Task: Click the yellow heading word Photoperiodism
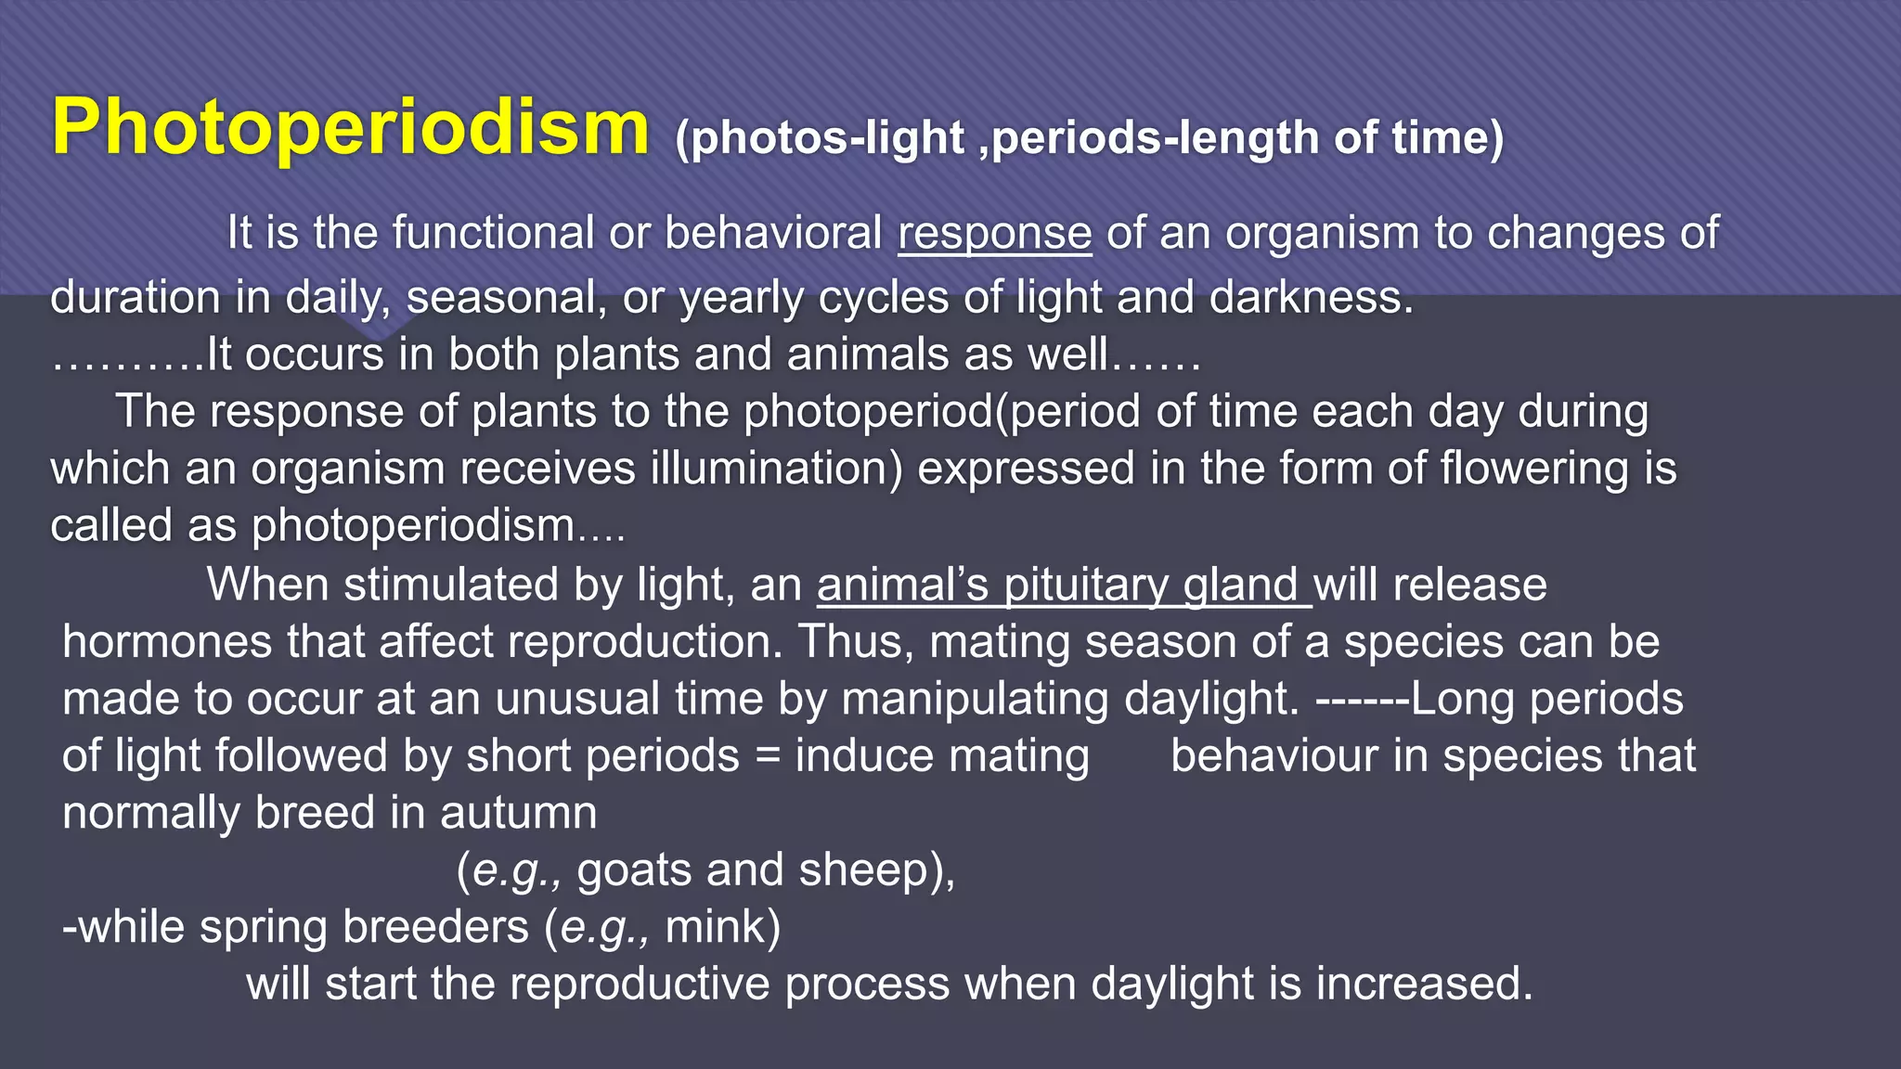(x=350, y=128)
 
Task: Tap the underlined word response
(x=994, y=233)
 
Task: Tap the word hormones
(x=167, y=642)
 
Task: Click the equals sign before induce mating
(x=767, y=756)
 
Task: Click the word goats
(x=633, y=870)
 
